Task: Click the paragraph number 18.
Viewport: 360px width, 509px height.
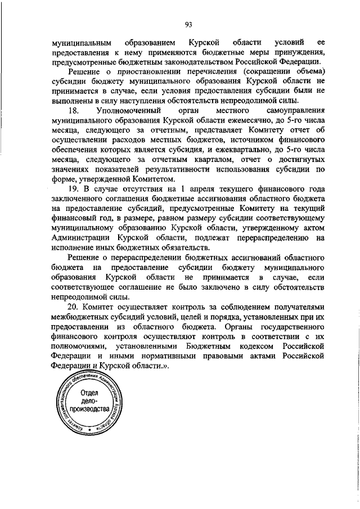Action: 73,111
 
